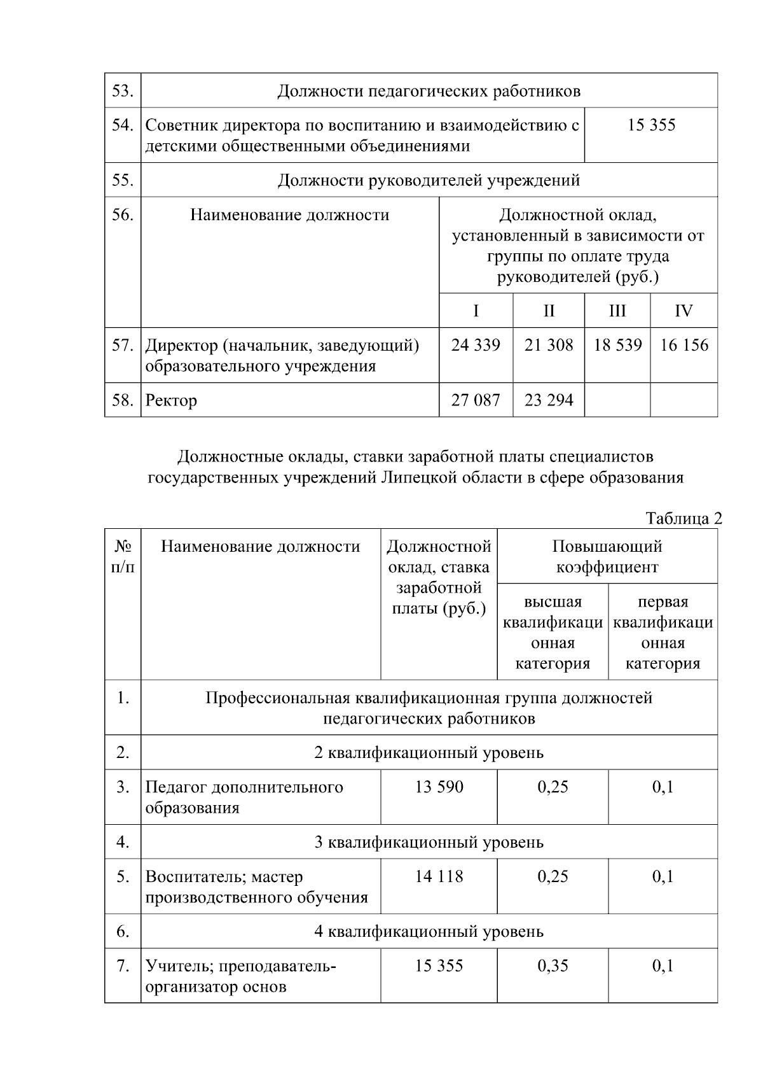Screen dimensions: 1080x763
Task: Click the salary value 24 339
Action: (x=476, y=346)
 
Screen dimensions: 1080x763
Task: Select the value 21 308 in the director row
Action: (x=549, y=346)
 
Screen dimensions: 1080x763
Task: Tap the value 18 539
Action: (x=617, y=346)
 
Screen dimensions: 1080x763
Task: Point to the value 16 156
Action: (x=684, y=346)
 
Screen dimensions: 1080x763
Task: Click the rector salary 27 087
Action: (x=476, y=400)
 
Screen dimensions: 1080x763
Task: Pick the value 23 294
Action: (x=549, y=400)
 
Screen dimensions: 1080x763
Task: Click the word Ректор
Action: (x=171, y=401)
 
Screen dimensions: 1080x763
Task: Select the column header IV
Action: (x=684, y=311)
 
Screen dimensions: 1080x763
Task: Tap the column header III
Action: (x=617, y=311)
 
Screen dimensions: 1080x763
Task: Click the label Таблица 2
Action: (x=684, y=519)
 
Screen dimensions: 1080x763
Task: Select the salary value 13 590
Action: (x=439, y=787)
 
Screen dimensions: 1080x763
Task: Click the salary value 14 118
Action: (x=439, y=877)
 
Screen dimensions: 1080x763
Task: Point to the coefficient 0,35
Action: (x=553, y=967)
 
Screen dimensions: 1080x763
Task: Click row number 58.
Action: (x=122, y=400)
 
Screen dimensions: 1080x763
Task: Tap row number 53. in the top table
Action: (x=122, y=91)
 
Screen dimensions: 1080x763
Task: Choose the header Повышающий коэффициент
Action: (x=607, y=556)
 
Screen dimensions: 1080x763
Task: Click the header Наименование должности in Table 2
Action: (x=261, y=547)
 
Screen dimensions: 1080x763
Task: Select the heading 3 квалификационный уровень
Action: (x=429, y=843)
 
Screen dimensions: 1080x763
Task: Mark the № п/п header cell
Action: (x=123, y=556)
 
